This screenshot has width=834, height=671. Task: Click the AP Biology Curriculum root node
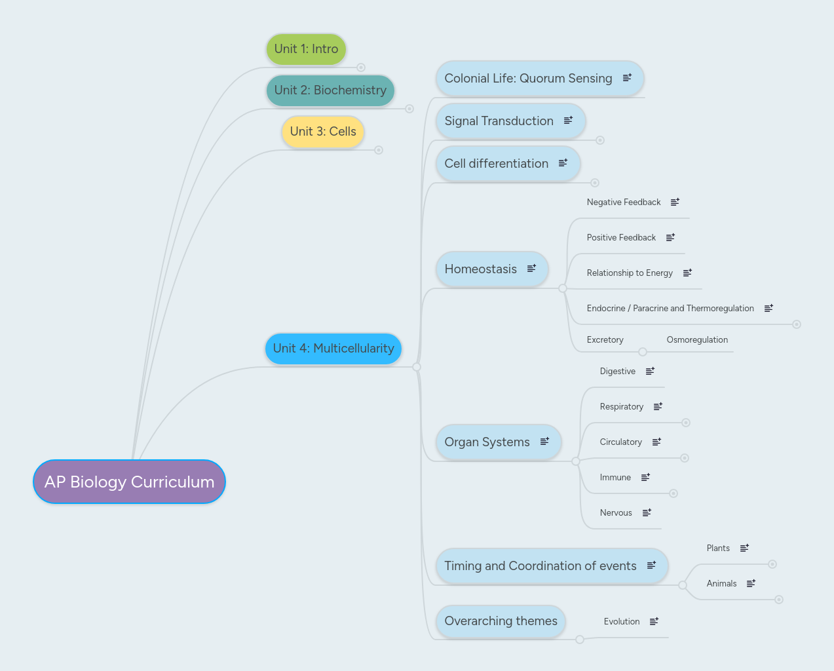pos(129,482)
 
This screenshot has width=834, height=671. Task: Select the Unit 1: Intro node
pos(306,49)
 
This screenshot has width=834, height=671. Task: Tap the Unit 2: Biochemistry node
pos(330,90)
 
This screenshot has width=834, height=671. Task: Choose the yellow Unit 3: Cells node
pos(323,132)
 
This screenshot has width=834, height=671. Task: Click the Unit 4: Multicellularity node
pos(333,349)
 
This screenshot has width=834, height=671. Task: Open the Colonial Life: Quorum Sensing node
pos(528,79)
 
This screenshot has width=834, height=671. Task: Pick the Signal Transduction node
pos(499,121)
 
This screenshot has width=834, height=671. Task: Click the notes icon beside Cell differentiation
pos(563,163)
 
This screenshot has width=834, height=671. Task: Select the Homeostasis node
pos(480,269)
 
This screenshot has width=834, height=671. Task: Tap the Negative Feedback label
pos(624,202)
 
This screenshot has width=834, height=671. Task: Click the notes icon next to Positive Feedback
pos(670,238)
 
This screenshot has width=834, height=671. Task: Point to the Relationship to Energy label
pos(630,273)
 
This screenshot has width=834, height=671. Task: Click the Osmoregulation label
pos(697,340)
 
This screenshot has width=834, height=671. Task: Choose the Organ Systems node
pos(487,442)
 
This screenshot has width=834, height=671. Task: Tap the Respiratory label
pos(621,407)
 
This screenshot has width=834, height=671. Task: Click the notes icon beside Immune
pos(645,478)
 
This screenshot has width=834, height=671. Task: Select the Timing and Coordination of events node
pos(540,566)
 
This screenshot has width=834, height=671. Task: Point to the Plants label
pos(718,548)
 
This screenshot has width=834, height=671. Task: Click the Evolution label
pos(622,622)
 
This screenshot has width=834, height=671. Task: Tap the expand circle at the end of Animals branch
pos(779,600)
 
